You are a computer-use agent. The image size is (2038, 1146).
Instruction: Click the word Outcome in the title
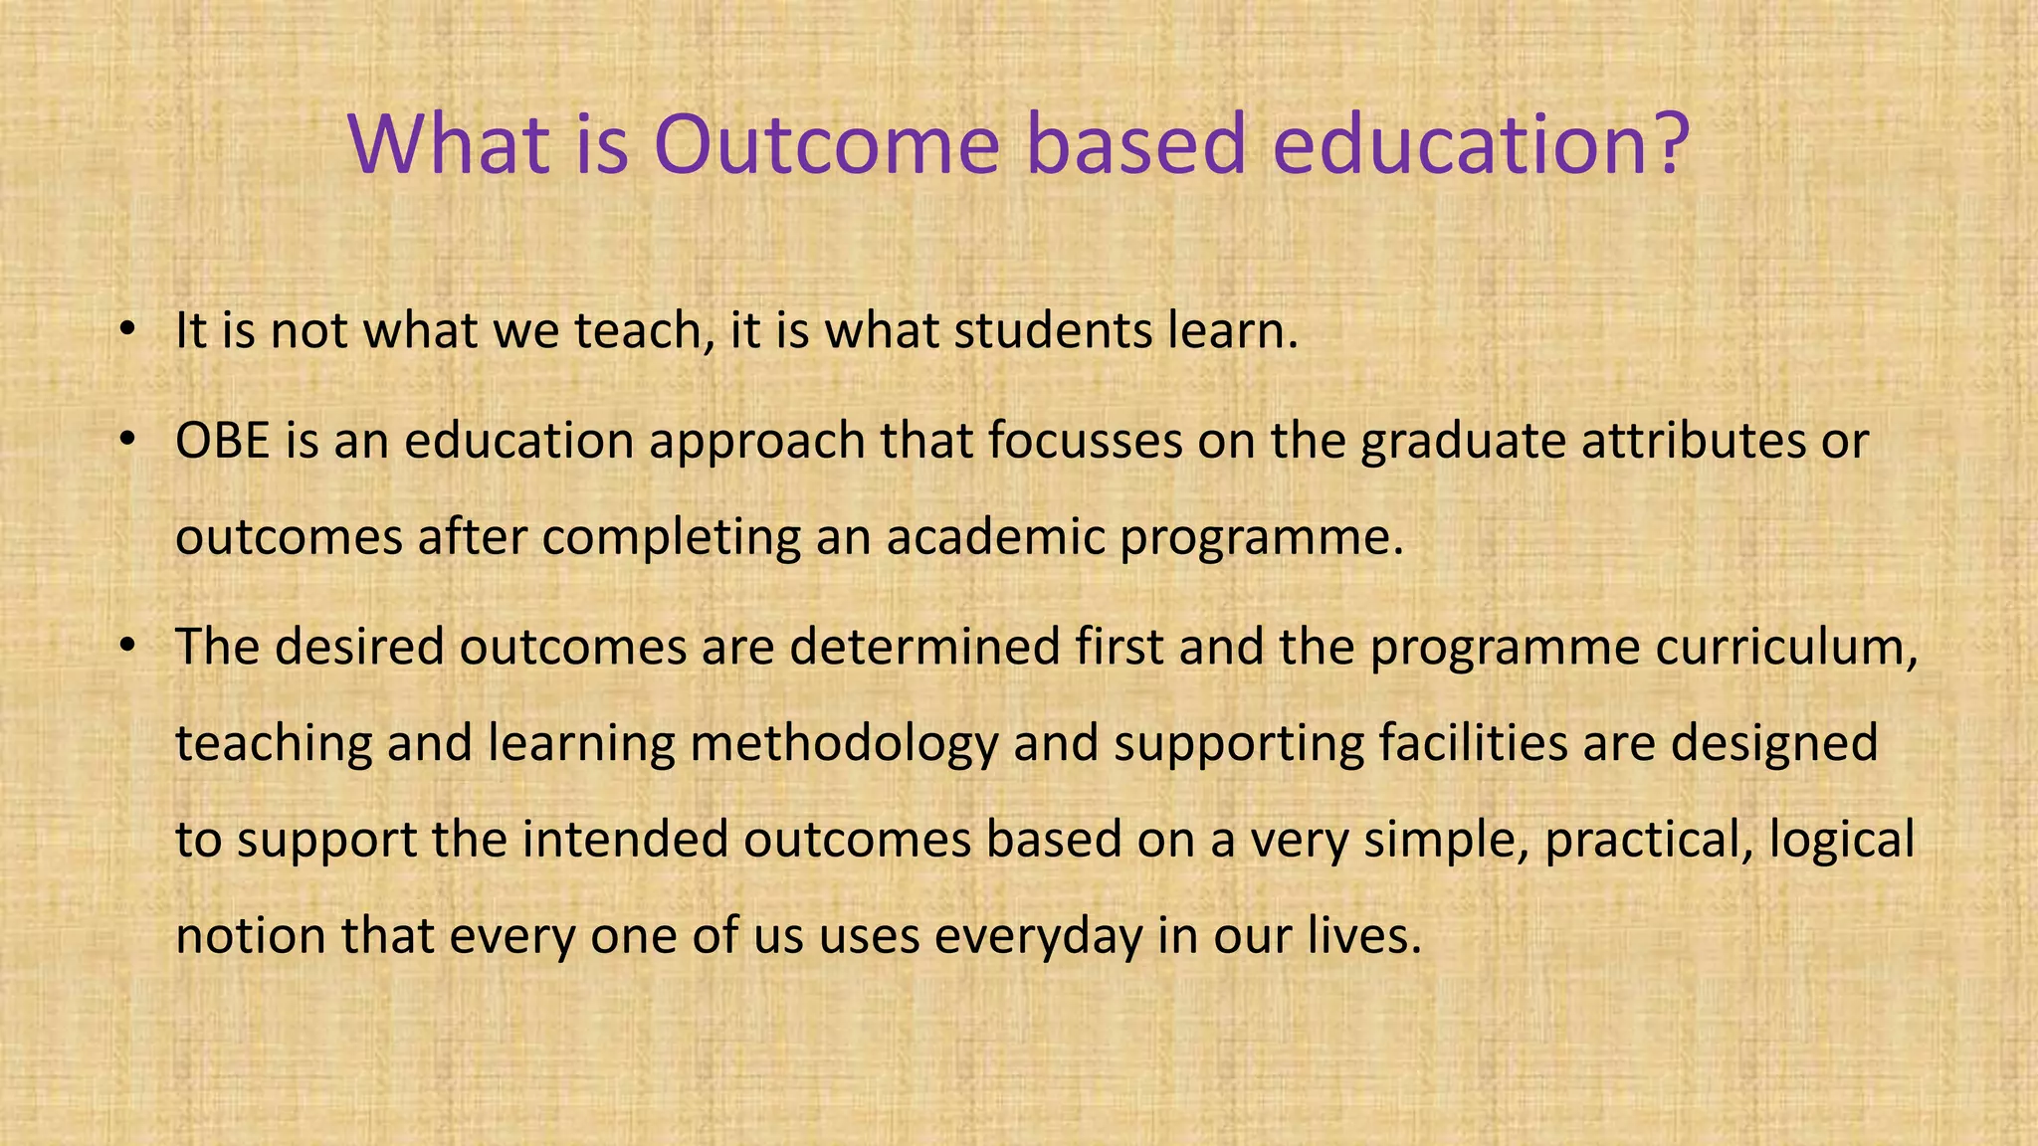[826, 144]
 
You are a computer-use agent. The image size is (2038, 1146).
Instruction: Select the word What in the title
[448, 144]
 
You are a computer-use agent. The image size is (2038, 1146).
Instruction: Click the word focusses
[1085, 441]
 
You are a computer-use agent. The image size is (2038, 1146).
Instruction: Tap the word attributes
[1693, 441]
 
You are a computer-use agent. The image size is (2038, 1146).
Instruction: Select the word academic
[995, 537]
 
